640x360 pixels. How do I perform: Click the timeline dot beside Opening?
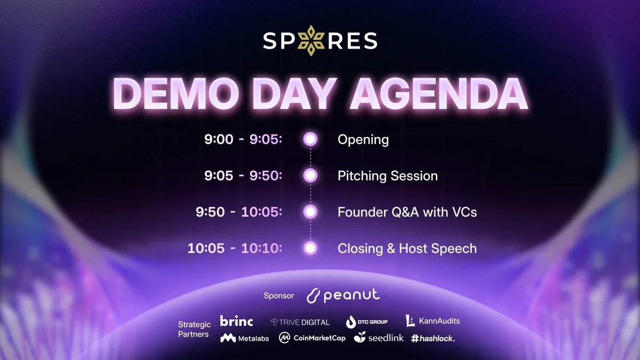(310, 140)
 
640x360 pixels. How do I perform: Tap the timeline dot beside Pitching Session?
(310, 176)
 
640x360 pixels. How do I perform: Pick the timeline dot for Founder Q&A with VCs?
(310, 212)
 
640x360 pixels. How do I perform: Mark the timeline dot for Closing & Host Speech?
(310, 249)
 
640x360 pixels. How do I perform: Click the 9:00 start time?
(219, 140)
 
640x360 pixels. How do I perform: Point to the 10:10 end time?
(261, 249)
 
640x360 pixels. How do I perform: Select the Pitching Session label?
(388, 176)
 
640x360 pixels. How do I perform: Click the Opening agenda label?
(363, 140)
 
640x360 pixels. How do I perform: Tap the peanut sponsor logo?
(344, 295)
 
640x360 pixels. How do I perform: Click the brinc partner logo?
(236, 321)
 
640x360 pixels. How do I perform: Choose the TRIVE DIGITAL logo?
(300, 322)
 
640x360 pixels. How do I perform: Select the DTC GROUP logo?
(367, 322)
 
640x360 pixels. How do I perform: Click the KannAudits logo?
(433, 321)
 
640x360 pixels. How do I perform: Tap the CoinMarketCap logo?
(312, 338)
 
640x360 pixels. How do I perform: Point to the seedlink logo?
(379, 338)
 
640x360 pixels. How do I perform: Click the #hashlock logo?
(433, 338)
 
